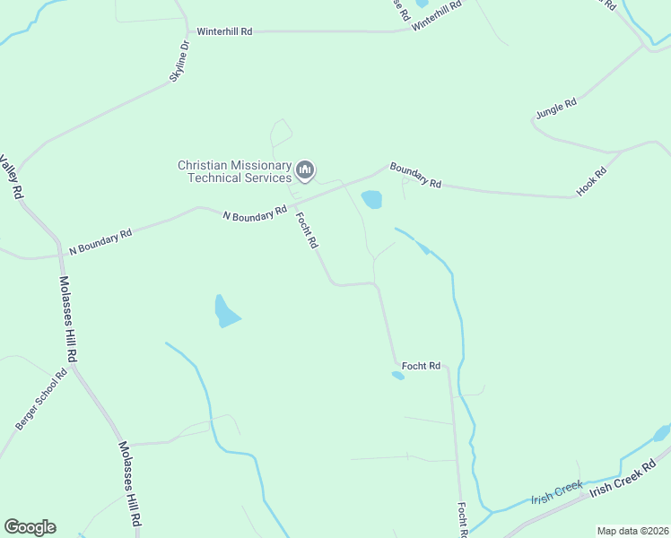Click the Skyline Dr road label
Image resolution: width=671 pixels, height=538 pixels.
[x=180, y=62]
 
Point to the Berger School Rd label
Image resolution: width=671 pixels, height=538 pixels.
[x=42, y=399]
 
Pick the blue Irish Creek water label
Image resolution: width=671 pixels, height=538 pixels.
[x=556, y=493]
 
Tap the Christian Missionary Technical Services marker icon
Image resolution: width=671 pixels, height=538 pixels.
[x=306, y=169]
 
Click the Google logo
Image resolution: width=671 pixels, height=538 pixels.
[x=30, y=527]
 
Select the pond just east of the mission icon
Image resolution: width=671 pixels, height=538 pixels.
[x=371, y=199]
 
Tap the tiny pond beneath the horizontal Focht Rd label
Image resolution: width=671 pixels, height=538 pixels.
[x=398, y=376]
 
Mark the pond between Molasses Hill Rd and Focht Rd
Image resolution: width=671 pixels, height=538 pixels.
[x=225, y=311]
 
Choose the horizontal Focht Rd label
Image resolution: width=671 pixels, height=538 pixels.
[x=421, y=366]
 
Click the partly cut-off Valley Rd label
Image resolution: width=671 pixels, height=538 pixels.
[x=12, y=178]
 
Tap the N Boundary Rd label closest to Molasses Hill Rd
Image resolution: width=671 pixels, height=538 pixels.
[x=101, y=239]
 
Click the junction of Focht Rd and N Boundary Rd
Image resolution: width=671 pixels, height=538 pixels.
[x=294, y=204]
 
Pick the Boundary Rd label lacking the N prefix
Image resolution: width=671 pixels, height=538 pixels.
[x=415, y=176]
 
